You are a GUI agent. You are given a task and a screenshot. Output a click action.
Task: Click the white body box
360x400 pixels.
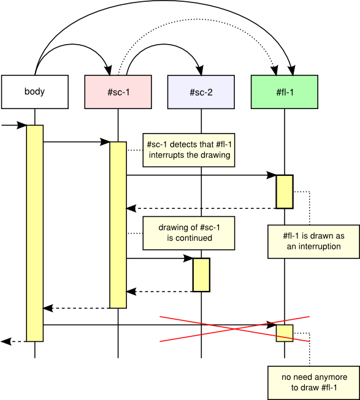click(x=35, y=92)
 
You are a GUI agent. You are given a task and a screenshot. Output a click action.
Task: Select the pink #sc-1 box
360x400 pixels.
click(x=118, y=92)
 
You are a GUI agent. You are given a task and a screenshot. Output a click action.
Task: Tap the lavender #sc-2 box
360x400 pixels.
click(x=201, y=92)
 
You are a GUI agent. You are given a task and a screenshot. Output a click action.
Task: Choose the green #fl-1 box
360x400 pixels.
click(x=285, y=92)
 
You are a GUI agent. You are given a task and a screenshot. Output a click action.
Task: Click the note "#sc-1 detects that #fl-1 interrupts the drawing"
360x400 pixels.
click(x=189, y=150)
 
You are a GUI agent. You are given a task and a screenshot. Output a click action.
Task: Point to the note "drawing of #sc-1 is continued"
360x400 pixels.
click(x=189, y=233)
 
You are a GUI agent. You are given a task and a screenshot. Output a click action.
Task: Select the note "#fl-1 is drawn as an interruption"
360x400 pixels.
click(x=314, y=241)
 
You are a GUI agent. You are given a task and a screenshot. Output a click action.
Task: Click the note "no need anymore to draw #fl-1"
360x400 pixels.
click(x=314, y=383)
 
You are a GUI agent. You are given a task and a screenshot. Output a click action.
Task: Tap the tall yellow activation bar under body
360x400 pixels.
click(x=35, y=233)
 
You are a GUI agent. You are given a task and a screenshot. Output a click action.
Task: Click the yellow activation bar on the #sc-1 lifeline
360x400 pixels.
click(x=118, y=225)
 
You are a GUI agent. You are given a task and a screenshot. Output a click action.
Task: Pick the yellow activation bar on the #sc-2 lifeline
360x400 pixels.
click(x=201, y=275)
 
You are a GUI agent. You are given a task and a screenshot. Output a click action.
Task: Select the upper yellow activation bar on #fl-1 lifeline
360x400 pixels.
click(x=285, y=192)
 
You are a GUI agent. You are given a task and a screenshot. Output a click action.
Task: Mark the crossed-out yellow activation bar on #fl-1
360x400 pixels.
click(x=285, y=333)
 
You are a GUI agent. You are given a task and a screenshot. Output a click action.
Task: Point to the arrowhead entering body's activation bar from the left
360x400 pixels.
click(x=21, y=125)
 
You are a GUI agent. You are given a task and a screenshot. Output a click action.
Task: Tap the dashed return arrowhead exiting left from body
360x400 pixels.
click(x=6, y=341)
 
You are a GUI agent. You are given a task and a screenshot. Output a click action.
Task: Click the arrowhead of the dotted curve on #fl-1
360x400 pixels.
click(x=275, y=70)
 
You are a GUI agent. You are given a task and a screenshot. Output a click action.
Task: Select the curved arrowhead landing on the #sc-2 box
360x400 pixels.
click(x=200, y=70)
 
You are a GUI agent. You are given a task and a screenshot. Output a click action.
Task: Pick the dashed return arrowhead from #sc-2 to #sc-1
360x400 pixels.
click(x=131, y=292)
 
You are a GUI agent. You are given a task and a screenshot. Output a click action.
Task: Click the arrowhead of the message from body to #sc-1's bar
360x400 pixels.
click(x=105, y=142)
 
